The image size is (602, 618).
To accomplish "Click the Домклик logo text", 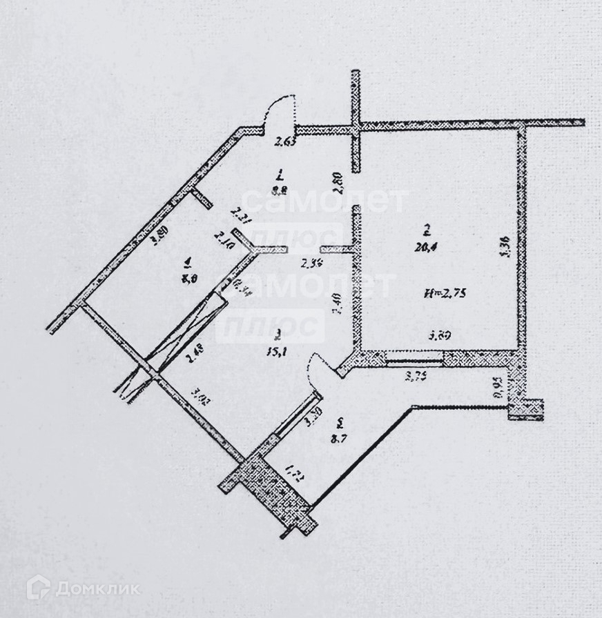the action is coord(98,588).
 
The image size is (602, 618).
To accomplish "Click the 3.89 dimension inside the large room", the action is coord(440,337).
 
